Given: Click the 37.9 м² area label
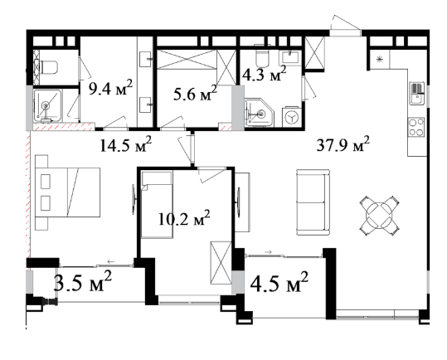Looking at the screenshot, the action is (343, 144).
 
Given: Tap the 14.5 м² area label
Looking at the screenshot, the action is (125, 144).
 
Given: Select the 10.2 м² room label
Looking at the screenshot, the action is (184, 218).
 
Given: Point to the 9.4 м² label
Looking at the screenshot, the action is (110, 88).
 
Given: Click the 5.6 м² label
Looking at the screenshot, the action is (195, 93).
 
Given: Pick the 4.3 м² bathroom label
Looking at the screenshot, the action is (264, 74).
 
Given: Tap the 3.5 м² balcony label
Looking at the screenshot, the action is (83, 282).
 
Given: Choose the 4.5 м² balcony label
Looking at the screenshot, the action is (279, 282).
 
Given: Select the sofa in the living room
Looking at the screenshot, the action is (313, 202).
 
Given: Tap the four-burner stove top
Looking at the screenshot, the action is (416, 127).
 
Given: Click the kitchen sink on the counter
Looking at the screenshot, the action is (417, 93).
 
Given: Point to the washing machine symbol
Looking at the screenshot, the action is (292, 117).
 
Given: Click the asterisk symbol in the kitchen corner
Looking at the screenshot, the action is (379, 59).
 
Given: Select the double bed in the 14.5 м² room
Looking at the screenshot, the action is (67, 192).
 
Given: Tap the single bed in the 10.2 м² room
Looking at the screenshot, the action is (157, 205).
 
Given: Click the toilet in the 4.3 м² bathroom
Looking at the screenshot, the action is (262, 57).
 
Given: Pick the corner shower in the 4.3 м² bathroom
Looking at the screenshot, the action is (259, 112).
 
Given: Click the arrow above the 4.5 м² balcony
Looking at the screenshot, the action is (268, 252).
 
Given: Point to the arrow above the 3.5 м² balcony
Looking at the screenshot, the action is (111, 261).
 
